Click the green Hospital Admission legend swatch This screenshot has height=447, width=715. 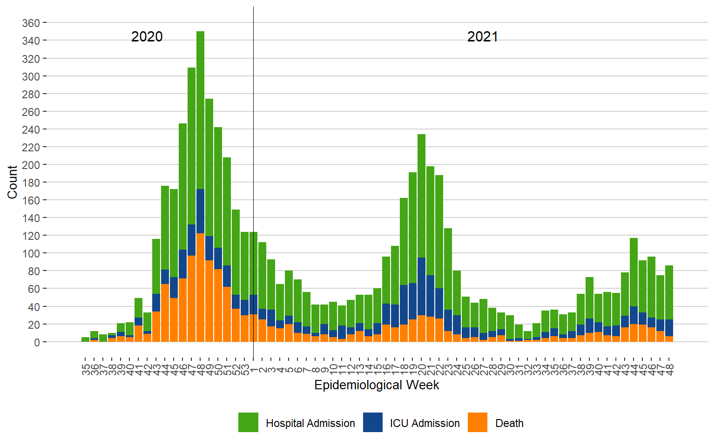pos(248,422)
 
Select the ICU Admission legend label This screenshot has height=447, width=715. pos(425,423)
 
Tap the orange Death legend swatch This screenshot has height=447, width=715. pos(478,422)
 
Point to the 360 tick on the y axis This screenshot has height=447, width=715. pos(31,23)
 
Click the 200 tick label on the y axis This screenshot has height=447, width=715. pos(31,165)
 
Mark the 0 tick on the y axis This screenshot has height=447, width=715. pos(37,342)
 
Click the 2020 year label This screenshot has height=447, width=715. pos(147,37)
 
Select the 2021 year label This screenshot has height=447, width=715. pos(482,37)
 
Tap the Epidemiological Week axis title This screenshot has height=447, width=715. pos(377,385)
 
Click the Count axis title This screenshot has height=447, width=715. pos(12,182)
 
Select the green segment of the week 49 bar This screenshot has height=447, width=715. pos(209,168)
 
